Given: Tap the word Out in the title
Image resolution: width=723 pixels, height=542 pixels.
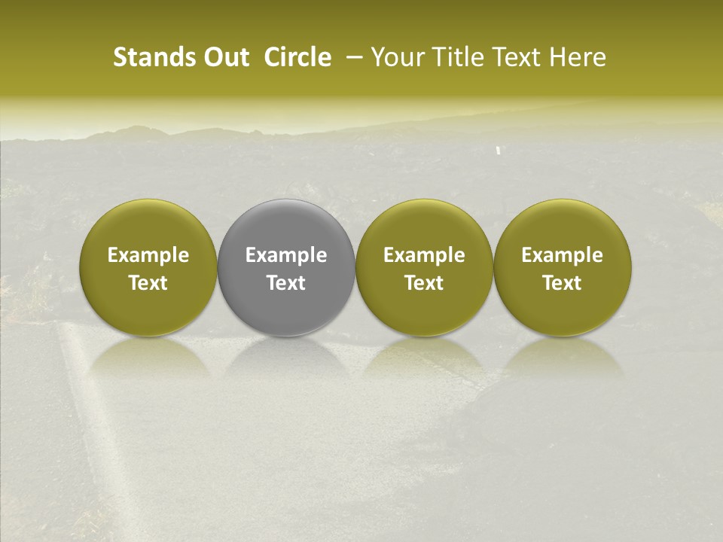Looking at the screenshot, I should point(225,57).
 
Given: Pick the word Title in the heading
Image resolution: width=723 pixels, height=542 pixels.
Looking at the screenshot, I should point(453,57).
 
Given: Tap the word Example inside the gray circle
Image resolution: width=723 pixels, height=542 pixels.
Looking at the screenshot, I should point(286,255).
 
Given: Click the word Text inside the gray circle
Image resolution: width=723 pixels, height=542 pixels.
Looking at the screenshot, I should point(286,283).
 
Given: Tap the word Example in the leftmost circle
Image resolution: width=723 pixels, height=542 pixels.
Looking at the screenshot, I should point(148,255).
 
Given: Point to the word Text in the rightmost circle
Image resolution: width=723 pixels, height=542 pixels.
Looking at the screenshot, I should point(562,283).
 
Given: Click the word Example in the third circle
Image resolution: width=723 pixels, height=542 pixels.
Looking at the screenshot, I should point(424,255).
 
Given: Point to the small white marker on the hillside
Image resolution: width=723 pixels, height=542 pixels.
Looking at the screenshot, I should point(499,151).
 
